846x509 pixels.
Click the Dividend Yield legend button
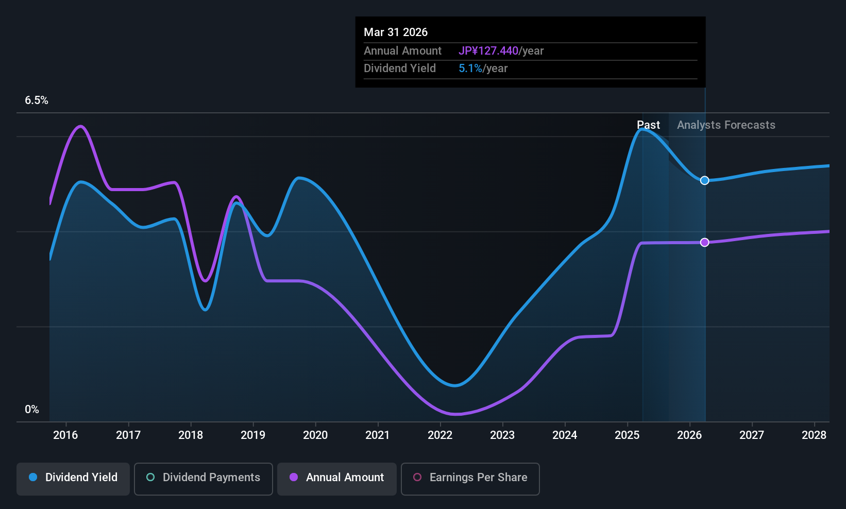(x=73, y=478)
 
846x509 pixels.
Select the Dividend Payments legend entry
(x=204, y=478)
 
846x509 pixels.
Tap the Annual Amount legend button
(x=337, y=478)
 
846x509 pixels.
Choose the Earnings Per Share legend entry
(x=470, y=478)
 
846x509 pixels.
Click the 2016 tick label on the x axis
(x=65, y=435)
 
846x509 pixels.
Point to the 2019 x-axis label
(x=253, y=435)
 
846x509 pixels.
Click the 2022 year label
(x=440, y=435)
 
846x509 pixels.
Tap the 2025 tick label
(x=627, y=435)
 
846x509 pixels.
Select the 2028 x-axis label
(x=814, y=435)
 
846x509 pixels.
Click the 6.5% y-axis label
(x=37, y=100)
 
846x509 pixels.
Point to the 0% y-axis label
(x=32, y=410)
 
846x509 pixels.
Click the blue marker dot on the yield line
(x=705, y=180)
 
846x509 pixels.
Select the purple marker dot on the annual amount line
(x=705, y=242)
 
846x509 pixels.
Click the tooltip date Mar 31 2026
(x=396, y=32)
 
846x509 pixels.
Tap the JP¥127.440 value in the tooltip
(x=488, y=51)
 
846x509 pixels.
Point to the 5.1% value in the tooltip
(x=470, y=69)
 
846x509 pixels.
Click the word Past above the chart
(x=648, y=125)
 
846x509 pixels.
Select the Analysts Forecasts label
(x=726, y=125)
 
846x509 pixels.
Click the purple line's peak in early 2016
(x=80, y=126)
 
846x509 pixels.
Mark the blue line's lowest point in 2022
(x=455, y=385)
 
